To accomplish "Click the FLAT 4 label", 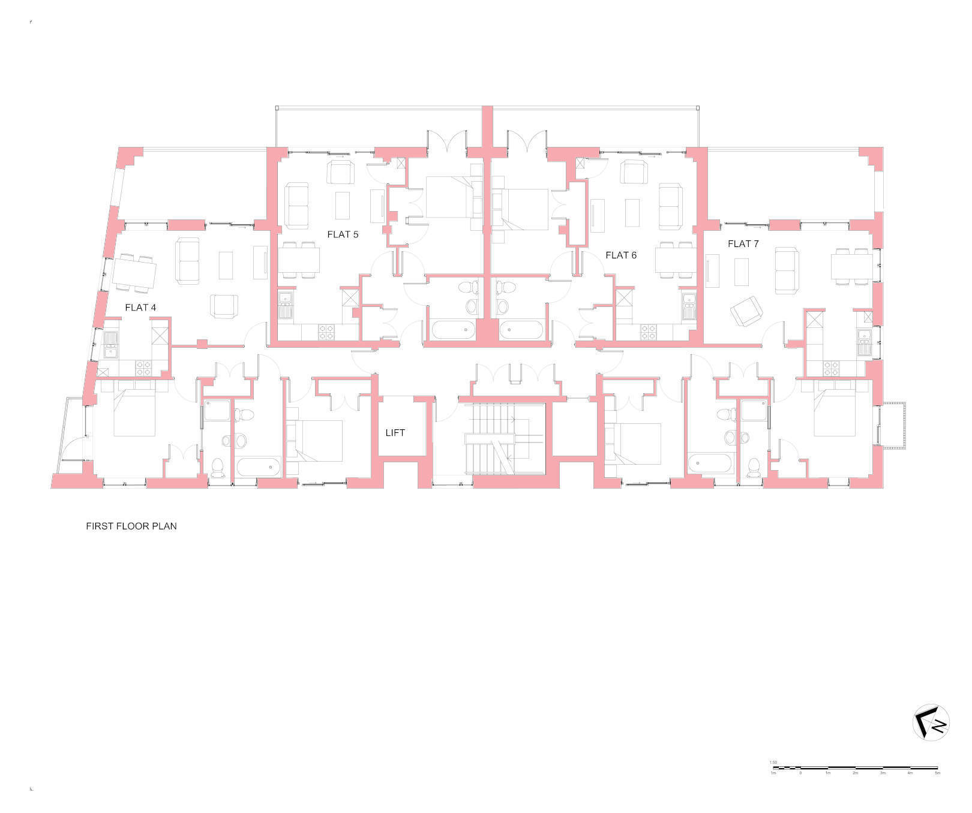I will pos(140,308).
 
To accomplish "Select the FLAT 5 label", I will pos(343,234).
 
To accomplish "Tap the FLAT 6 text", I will pos(621,255).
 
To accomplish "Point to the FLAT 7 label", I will pos(743,244).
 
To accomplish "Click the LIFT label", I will pos(395,433).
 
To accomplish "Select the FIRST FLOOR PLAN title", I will pos(131,526).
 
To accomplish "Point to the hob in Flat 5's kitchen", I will pos(326,332).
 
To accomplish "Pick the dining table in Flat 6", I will pos(674,260).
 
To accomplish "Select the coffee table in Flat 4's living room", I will pos(226,266).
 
